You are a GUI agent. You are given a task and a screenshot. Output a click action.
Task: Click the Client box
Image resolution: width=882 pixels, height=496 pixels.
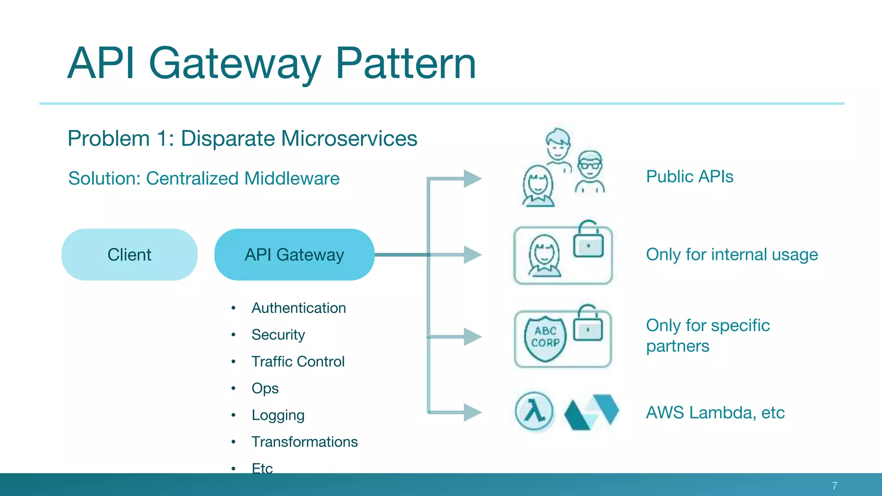pos(129,254)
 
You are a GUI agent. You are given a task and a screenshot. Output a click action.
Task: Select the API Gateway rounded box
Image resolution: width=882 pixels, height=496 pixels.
pos(294,254)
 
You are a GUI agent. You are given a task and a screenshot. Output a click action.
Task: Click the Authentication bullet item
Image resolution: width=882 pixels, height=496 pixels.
pos(298,308)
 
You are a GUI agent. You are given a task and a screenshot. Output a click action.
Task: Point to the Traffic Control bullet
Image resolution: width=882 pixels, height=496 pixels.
pos(298,361)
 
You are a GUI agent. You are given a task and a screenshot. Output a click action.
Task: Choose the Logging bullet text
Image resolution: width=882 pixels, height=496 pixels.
pos(278,415)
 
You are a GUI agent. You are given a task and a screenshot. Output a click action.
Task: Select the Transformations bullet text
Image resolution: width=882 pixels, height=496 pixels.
pos(304,442)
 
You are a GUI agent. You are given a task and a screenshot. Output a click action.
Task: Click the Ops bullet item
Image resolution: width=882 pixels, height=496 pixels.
pos(265,388)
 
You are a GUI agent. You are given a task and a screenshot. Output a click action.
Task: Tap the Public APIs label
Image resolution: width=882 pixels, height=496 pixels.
pos(689,177)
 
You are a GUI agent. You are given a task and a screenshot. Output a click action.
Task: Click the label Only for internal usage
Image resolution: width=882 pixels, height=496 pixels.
pos(732,254)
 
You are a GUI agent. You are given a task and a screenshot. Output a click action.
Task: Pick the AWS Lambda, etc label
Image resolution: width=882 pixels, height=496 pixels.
pos(715,412)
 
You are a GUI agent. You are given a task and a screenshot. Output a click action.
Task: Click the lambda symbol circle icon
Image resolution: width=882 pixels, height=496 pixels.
pos(534,412)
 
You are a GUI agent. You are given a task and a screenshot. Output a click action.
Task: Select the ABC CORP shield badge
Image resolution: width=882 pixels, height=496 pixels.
pos(545,338)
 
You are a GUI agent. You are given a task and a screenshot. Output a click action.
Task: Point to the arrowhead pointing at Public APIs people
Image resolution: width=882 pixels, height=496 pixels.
pos(472,179)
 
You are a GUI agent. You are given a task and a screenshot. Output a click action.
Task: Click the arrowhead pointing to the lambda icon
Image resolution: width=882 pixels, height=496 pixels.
pos(472,412)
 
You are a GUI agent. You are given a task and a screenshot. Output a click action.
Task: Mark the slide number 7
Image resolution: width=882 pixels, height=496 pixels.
pos(834,486)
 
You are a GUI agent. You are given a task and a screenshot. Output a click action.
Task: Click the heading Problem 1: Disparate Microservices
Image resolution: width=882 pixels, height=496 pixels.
pos(242,139)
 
